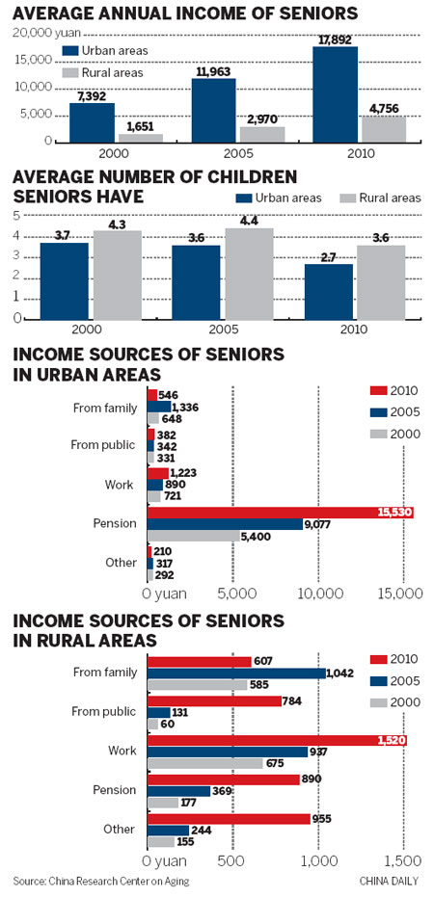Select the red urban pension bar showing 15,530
(280, 513)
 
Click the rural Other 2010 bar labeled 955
(228, 818)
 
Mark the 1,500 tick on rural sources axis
(404, 859)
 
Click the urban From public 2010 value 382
(168, 436)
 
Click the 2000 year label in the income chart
(93, 154)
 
